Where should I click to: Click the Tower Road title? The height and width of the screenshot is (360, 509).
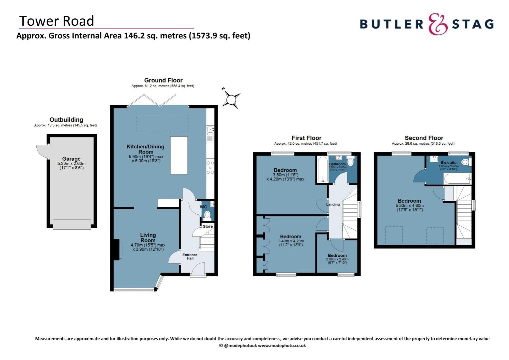pos(57,21)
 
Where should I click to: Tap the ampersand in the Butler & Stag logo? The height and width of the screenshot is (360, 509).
pos(438,24)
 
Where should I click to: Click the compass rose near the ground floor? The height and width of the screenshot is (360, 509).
pos(231,99)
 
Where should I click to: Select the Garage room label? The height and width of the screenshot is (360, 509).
pos(71,159)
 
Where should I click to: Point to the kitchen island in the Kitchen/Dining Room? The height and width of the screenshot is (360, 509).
pos(179,155)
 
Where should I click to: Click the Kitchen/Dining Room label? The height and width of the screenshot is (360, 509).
pos(146,149)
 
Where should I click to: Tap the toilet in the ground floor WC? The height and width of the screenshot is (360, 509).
pos(208,215)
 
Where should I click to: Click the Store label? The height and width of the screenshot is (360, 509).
pos(208,226)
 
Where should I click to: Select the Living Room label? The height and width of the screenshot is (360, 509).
pos(148,238)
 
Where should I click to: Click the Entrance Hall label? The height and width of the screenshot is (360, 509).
pos(190,256)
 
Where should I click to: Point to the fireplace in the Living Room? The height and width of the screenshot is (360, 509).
pos(116,249)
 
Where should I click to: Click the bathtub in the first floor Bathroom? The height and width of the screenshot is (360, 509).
pos(322,170)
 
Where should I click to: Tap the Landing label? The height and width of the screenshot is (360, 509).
pos(333,204)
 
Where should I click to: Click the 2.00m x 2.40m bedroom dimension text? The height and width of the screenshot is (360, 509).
pos(337,259)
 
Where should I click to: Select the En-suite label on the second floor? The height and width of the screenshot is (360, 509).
pos(449,163)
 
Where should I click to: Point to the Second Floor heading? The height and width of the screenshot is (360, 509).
pos(424,138)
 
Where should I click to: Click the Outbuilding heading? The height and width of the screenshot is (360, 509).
pos(66,120)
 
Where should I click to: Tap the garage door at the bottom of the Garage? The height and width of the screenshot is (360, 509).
pos(72,224)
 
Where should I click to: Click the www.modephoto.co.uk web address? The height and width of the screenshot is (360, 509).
pos(282,346)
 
